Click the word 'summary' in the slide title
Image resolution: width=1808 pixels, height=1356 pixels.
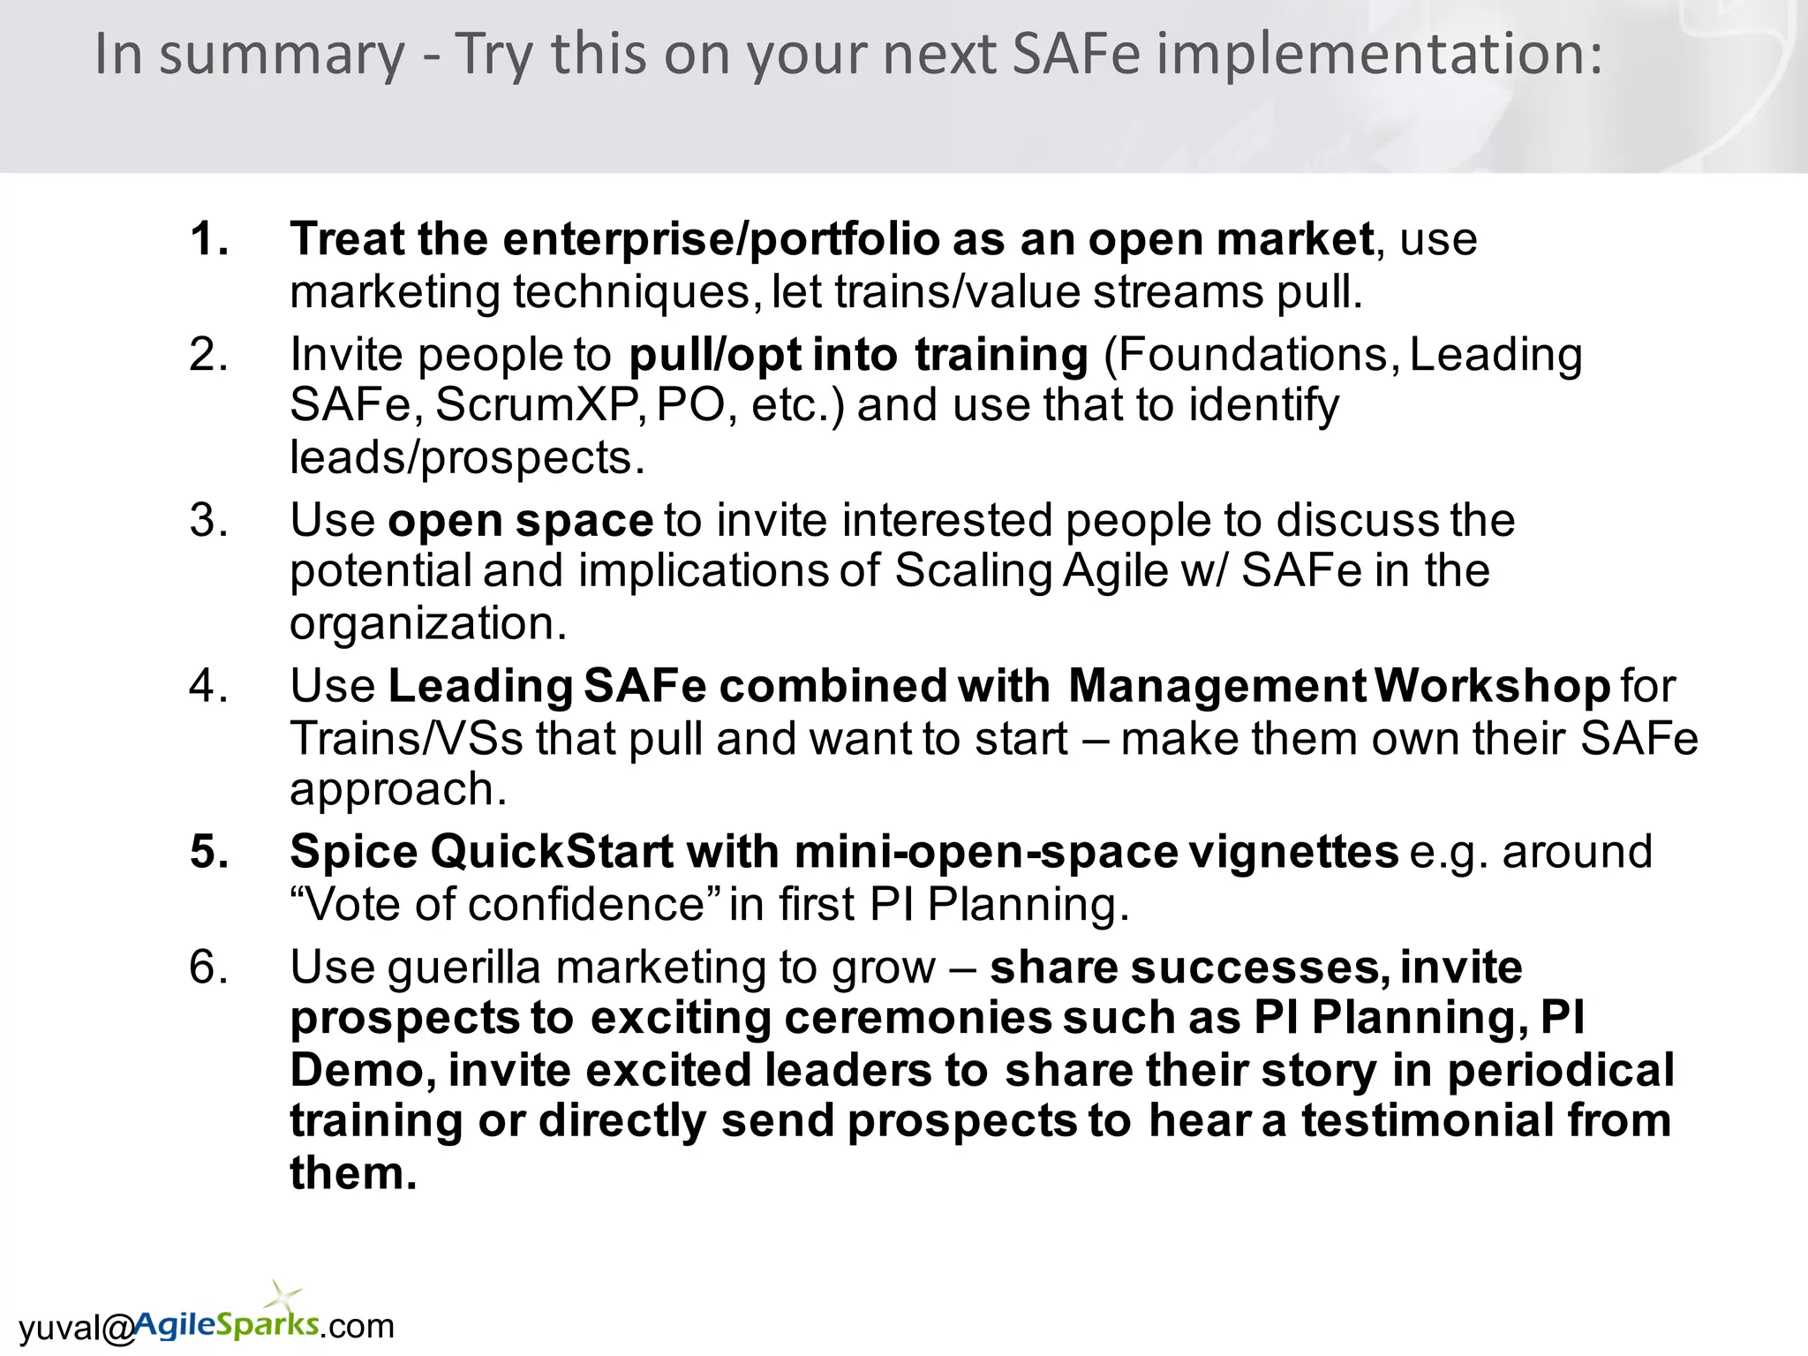[x=282, y=55]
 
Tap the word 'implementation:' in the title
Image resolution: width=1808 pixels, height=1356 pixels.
[x=1379, y=55]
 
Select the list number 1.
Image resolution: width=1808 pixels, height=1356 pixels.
[x=209, y=239]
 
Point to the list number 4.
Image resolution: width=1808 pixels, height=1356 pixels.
[x=209, y=686]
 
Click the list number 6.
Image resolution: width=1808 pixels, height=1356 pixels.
[x=209, y=968]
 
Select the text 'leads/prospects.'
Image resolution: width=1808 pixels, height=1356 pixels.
[x=468, y=457]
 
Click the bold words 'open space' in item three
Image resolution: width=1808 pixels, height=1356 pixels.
[x=520, y=520]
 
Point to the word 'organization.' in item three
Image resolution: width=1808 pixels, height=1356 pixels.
[x=428, y=623]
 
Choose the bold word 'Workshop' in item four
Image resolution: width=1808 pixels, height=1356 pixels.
[x=1493, y=686]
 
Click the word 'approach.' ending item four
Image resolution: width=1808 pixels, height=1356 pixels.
[x=399, y=789]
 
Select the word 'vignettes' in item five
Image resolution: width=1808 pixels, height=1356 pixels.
[x=1294, y=852]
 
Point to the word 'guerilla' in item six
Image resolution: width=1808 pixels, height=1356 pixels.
[x=463, y=968]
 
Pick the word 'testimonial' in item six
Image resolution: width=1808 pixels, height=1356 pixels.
[x=1428, y=1121]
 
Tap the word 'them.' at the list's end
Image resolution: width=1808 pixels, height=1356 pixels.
[x=353, y=1173]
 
